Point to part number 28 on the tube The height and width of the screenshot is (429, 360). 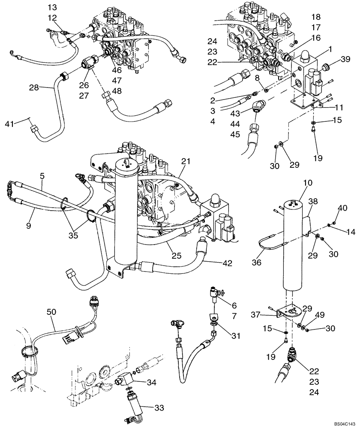click(34, 88)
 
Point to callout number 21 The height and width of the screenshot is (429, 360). click(185, 161)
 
